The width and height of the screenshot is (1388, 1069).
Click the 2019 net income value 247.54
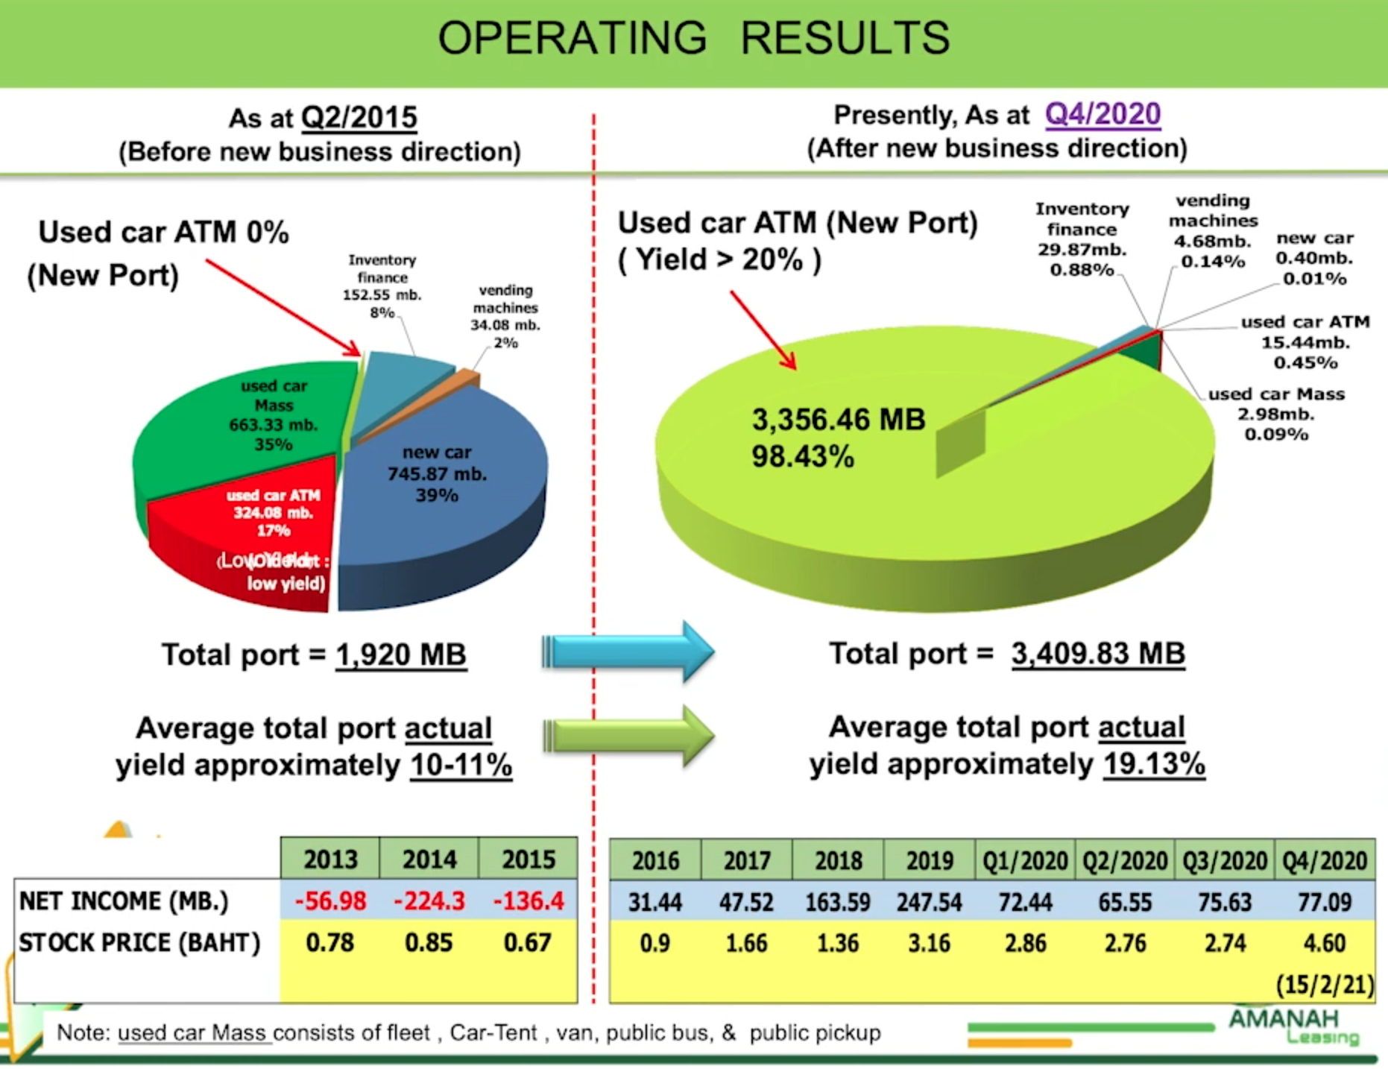(x=929, y=902)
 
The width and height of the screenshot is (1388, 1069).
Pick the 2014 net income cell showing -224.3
(x=429, y=901)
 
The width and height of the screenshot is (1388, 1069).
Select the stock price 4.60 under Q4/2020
(x=1324, y=943)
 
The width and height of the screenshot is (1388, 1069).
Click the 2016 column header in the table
(x=655, y=861)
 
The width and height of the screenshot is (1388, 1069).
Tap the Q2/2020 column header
(x=1125, y=861)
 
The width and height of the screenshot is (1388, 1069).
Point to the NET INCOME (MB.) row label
(x=124, y=901)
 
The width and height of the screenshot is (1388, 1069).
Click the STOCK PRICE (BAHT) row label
(x=139, y=943)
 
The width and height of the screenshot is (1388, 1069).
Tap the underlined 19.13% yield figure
(x=1154, y=764)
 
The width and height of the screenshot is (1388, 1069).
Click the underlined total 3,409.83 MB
(x=1098, y=654)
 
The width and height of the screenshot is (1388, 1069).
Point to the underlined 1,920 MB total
(x=401, y=655)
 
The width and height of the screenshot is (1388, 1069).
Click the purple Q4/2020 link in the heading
(x=1102, y=114)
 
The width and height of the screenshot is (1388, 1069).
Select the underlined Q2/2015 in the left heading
(x=359, y=118)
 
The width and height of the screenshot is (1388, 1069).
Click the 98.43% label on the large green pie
(x=802, y=456)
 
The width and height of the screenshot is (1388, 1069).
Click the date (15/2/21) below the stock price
(x=1324, y=985)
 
